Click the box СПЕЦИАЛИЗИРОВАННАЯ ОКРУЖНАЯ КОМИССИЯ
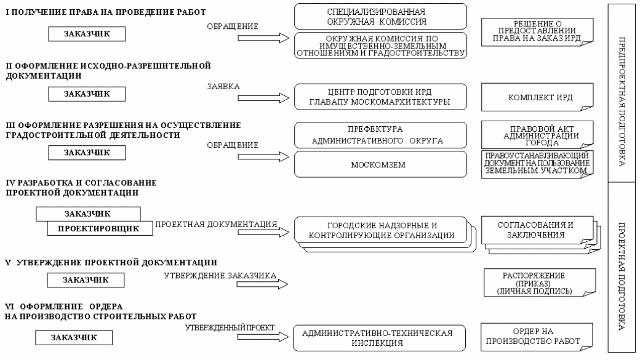(x=380, y=17)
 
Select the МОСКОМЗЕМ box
(x=380, y=164)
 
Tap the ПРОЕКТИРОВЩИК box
(x=100, y=228)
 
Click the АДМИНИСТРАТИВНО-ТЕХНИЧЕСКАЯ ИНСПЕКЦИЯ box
(x=379, y=338)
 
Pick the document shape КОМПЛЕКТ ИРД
(x=537, y=97)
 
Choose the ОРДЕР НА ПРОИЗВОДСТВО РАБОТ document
(x=537, y=337)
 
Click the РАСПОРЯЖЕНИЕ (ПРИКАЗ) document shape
(x=540, y=282)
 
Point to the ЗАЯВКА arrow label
(x=223, y=87)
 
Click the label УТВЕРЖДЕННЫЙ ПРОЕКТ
(x=230, y=328)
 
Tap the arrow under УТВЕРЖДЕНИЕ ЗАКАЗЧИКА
(x=262, y=284)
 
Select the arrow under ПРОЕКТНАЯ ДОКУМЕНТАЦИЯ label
(x=263, y=233)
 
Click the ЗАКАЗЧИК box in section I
(x=87, y=34)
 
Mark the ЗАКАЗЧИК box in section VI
(x=74, y=338)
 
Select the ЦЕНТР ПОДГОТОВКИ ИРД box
(x=380, y=97)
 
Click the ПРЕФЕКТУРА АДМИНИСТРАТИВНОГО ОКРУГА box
(x=380, y=135)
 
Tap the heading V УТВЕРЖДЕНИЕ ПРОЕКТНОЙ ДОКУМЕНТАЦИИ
(x=111, y=262)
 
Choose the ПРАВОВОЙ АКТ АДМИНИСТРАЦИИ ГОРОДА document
(x=537, y=135)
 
